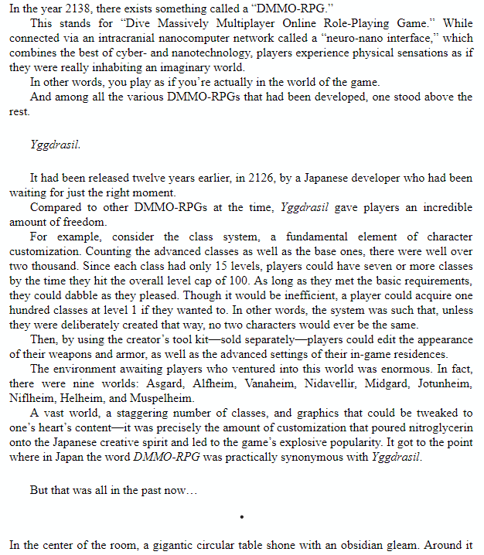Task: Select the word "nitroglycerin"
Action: [x=439, y=427]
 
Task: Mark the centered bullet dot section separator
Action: [x=241, y=516]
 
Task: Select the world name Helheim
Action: [x=83, y=397]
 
